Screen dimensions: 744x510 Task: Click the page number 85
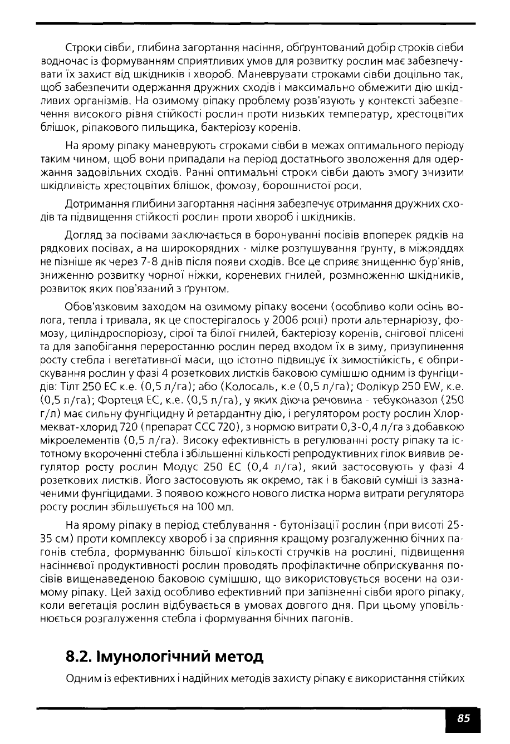(x=463, y=718)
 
